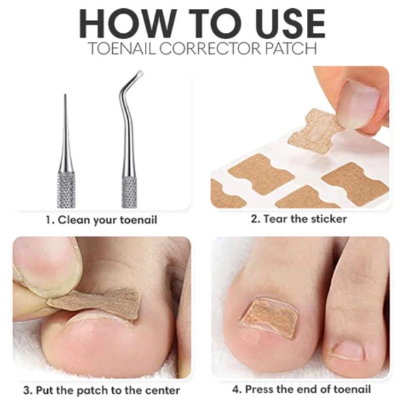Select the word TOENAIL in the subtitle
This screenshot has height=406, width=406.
click(122, 48)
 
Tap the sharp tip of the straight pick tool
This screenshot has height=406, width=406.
click(66, 95)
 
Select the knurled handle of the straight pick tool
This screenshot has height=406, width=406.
click(66, 190)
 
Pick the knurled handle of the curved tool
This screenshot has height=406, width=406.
click(129, 192)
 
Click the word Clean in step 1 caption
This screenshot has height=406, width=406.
click(74, 220)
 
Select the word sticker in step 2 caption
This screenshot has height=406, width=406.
click(329, 219)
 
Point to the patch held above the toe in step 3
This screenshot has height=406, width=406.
click(96, 303)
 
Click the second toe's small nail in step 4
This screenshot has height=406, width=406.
click(349, 351)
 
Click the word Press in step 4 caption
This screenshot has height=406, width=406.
click(259, 389)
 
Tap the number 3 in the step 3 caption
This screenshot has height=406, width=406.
click(27, 390)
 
